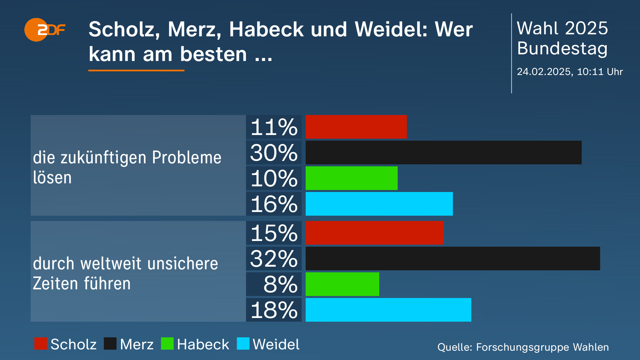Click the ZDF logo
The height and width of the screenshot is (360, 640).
(x=44, y=30)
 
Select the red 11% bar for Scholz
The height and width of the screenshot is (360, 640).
(x=356, y=127)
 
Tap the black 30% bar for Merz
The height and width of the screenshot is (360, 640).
(x=443, y=153)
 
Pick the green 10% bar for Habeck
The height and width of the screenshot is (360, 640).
(x=351, y=178)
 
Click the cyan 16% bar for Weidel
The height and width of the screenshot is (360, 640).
(x=379, y=204)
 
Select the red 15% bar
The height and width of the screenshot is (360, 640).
(x=374, y=233)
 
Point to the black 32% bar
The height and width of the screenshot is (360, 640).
(x=453, y=259)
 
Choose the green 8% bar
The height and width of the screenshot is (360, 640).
(x=342, y=284)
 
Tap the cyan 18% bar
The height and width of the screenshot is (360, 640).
(x=388, y=310)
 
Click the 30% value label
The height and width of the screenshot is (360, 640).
(x=274, y=153)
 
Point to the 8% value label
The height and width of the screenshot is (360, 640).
(x=280, y=285)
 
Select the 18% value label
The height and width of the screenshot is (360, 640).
(x=274, y=310)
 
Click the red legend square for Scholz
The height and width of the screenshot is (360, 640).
(x=41, y=344)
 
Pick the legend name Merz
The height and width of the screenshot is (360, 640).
(x=137, y=344)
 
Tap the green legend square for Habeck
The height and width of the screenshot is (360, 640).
(x=167, y=344)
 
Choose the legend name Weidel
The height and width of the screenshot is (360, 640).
(x=276, y=344)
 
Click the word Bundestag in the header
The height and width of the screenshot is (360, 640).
(x=562, y=49)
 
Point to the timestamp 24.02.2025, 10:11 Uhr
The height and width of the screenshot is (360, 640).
(x=570, y=72)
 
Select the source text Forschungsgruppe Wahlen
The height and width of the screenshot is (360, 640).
(x=542, y=347)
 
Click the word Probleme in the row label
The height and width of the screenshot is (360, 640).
(x=187, y=158)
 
